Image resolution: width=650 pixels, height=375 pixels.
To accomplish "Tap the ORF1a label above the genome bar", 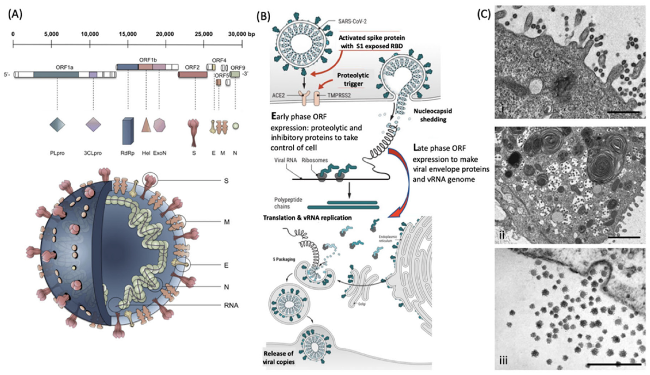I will [x=65, y=67].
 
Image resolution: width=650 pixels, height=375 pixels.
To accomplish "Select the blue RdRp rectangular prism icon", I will [x=128, y=131].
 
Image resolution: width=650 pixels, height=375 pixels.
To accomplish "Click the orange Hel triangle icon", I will [x=146, y=125].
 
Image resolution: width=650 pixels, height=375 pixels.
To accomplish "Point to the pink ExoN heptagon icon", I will [x=159, y=125].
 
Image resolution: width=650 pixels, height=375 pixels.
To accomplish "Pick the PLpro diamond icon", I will [x=57, y=125].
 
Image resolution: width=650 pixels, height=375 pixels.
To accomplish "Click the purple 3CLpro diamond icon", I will [x=93, y=125].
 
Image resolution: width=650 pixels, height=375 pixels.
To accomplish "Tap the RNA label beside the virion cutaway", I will [x=231, y=305].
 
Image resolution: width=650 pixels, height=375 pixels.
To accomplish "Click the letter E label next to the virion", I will [x=226, y=265].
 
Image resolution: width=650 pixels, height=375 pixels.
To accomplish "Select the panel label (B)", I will [x=263, y=16].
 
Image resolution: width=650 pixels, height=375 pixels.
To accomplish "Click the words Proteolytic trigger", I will [x=353, y=79].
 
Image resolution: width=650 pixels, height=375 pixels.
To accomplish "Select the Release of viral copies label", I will [x=279, y=358].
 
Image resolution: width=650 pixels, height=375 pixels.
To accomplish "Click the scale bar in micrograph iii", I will [x=614, y=364].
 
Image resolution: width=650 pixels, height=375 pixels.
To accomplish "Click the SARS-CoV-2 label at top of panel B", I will [x=352, y=21].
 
